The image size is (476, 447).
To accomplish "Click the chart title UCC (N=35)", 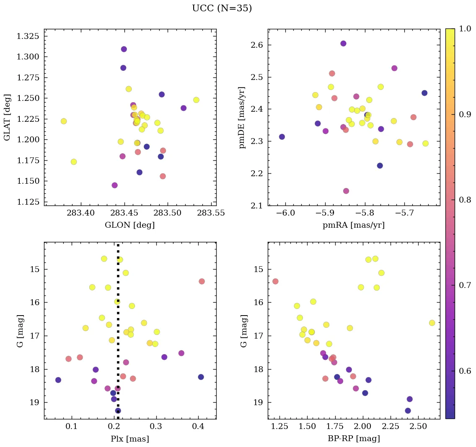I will click(x=222, y=8).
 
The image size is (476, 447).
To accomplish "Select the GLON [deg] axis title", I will click(x=130, y=225).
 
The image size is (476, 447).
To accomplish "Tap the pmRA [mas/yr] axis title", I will click(x=354, y=225).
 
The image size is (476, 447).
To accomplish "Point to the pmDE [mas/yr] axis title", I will click(x=242, y=117).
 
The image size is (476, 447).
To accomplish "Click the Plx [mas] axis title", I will click(x=130, y=439).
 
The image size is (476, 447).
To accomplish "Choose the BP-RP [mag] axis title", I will click(x=354, y=439).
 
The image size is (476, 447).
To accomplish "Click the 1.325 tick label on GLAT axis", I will click(x=28, y=36).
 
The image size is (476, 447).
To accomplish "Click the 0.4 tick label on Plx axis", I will click(x=198, y=426).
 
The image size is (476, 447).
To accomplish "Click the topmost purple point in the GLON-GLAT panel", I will click(x=124, y=49).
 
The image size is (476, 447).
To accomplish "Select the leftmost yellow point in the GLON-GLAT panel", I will click(x=64, y=121).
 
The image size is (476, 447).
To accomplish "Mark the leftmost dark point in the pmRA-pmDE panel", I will click(x=282, y=137).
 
